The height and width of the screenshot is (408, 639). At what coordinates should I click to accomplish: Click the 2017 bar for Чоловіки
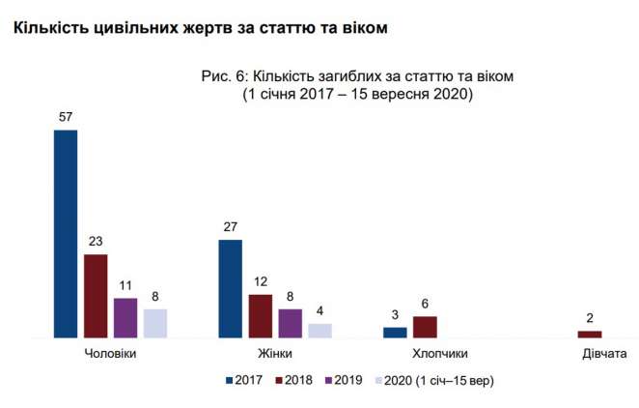pos(66,233)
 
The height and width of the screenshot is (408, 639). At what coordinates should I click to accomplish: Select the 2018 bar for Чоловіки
pos(96,296)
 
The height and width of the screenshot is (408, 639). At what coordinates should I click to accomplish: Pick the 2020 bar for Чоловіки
pos(155,323)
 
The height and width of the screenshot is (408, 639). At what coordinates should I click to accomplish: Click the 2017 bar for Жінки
pos(231,288)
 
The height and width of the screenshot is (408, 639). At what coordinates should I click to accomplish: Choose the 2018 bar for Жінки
pos(261,316)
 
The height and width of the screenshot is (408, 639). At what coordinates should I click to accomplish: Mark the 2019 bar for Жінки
pos(291,323)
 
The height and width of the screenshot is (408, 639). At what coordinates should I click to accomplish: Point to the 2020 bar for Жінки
pos(320,331)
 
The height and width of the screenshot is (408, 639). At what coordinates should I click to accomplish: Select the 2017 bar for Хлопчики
pos(396,333)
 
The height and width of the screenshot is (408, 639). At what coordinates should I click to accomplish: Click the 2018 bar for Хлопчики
pos(426,327)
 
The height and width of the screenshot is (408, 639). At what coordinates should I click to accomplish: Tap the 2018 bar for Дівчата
pos(590,334)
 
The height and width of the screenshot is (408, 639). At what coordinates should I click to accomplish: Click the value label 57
pos(66,117)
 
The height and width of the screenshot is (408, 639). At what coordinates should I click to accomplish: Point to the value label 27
pos(231,227)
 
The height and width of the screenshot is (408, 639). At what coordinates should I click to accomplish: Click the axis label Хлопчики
pos(440,354)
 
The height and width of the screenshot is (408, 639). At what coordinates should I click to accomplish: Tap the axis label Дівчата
pos(604,354)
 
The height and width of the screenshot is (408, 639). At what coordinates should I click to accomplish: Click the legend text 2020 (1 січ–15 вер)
pos(438,380)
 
